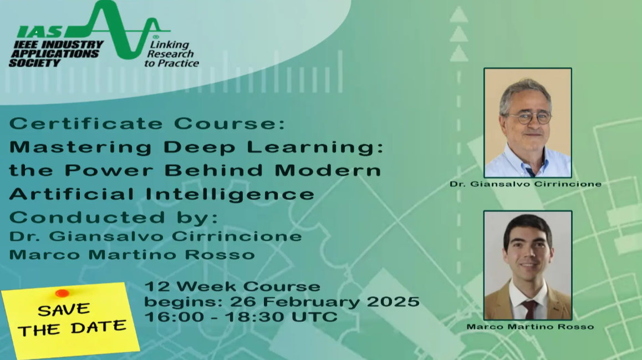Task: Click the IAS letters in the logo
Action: pyautogui.click(x=39, y=32)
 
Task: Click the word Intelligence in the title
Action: pyautogui.click(x=230, y=194)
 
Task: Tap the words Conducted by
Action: pyautogui.click(x=114, y=217)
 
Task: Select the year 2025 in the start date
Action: pyautogui.click(x=393, y=302)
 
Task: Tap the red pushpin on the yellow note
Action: pyautogui.click(x=62, y=293)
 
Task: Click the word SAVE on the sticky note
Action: pyautogui.click(x=63, y=310)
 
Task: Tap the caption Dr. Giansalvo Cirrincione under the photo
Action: pyautogui.click(x=526, y=184)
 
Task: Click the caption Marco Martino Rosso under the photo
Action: pyautogui.click(x=530, y=327)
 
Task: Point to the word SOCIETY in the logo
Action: pyautogui.click(x=35, y=63)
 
